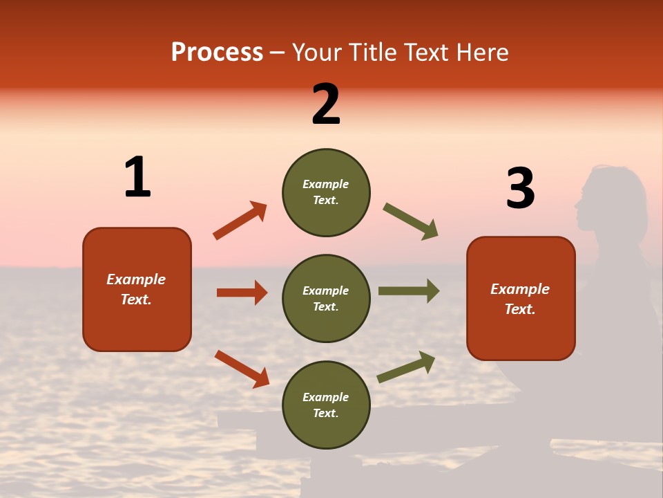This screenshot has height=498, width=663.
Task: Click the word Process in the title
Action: point(217,53)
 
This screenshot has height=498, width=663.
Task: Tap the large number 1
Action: point(137,178)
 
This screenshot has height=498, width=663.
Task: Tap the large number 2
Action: point(326,104)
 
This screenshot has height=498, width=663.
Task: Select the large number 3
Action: point(520,188)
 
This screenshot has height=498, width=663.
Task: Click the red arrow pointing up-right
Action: point(240,221)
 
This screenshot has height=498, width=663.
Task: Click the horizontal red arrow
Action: point(242,293)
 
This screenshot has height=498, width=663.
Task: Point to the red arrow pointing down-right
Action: point(242,369)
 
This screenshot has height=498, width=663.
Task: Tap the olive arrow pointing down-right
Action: point(411,221)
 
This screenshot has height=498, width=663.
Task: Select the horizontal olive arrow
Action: point(409,290)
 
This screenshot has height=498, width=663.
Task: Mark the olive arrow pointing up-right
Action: point(407,367)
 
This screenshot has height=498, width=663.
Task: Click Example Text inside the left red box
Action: point(136,289)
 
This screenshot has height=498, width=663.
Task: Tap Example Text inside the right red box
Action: point(520,299)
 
